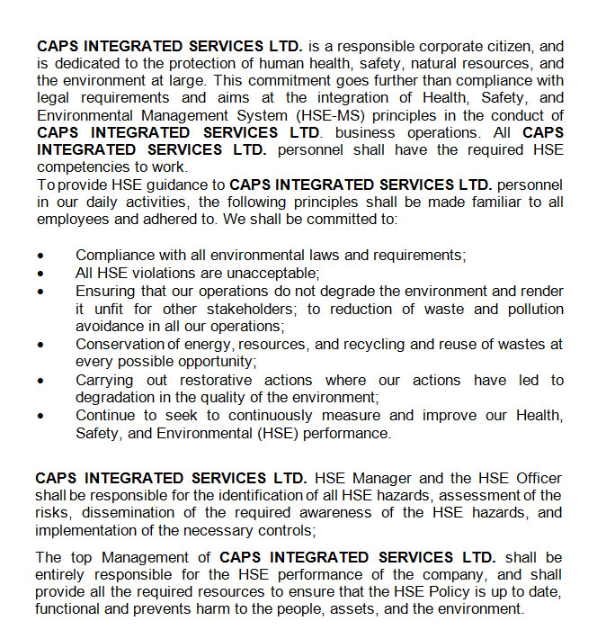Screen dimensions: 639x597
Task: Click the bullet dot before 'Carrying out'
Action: [40, 381]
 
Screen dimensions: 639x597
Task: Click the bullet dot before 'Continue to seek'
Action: [40, 417]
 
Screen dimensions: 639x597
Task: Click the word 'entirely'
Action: [63, 574]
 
